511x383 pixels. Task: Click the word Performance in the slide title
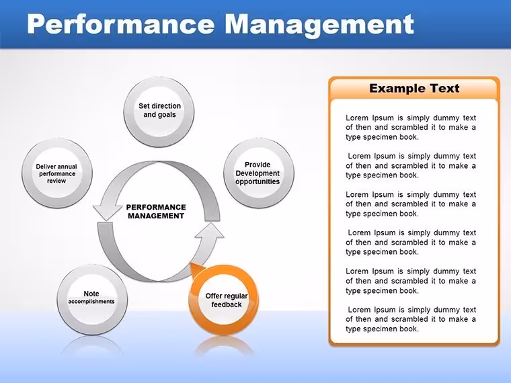point(121,24)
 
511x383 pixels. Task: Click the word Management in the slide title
point(319,24)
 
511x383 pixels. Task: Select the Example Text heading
point(414,88)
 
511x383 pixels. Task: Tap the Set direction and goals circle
point(159,112)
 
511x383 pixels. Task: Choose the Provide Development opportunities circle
point(259,173)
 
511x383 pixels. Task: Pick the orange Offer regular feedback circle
point(223,300)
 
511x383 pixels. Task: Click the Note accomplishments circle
point(92,300)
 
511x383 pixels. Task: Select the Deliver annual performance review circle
point(57,173)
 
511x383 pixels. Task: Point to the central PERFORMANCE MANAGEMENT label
point(156,212)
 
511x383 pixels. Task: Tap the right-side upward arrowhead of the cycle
point(210,230)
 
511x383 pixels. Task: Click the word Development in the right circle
point(258,173)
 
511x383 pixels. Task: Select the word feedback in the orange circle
point(227,304)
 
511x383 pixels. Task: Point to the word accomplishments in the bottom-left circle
point(91,302)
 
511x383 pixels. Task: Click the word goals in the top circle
point(167,115)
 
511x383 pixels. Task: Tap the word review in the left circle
point(56,181)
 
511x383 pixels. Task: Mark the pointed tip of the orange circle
point(190,263)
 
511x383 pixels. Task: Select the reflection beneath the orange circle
point(224,346)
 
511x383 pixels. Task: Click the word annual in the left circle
point(67,167)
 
